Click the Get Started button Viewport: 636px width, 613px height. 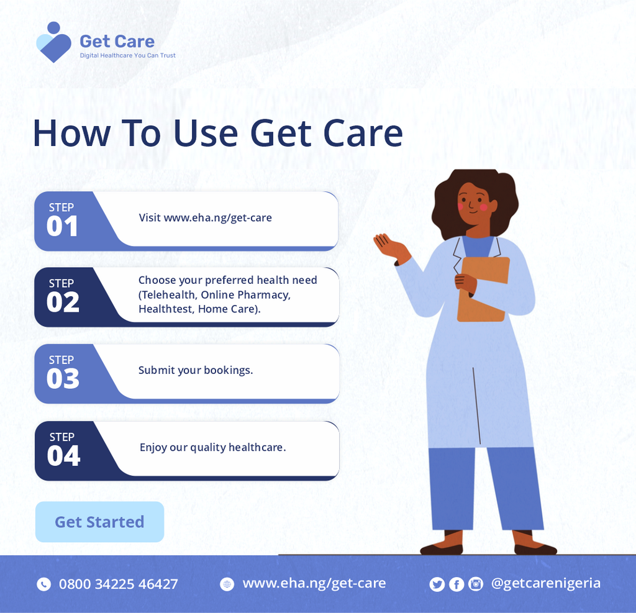(99, 522)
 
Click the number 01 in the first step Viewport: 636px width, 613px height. (62, 227)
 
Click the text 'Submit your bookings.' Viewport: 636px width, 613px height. (196, 370)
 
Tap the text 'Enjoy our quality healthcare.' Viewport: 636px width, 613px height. (212, 447)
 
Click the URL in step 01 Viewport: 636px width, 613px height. (217, 218)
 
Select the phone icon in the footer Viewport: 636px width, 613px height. (43, 584)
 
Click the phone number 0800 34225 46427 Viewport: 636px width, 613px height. (118, 584)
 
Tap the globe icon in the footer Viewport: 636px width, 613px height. (227, 584)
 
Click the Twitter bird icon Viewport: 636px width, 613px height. (437, 584)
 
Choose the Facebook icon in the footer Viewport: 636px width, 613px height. (457, 584)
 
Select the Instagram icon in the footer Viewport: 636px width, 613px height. (476, 584)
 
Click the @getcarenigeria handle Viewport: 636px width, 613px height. (545, 583)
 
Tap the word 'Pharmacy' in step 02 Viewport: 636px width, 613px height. (263, 294)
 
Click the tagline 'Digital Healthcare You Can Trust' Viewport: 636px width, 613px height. (127, 55)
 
